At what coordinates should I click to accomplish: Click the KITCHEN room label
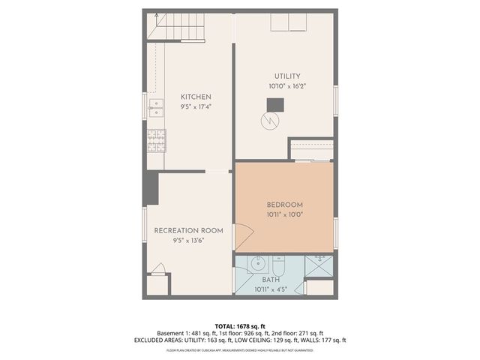[x=196, y=97]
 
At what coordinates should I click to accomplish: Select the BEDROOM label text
[x=284, y=205]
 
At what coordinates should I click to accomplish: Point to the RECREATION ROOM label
[x=188, y=230]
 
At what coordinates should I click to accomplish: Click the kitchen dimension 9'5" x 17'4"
[x=196, y=107]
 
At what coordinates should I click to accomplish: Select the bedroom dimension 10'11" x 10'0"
[x=284, y=214]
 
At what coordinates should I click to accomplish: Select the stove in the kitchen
[x=157, y=139]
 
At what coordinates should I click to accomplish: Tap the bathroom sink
[x=256, y=264]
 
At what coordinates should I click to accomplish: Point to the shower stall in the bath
[x=319, y=266]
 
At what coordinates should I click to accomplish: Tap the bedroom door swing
[x=241, y=237]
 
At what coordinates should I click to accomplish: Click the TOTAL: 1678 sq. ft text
[x=240, y=326]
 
